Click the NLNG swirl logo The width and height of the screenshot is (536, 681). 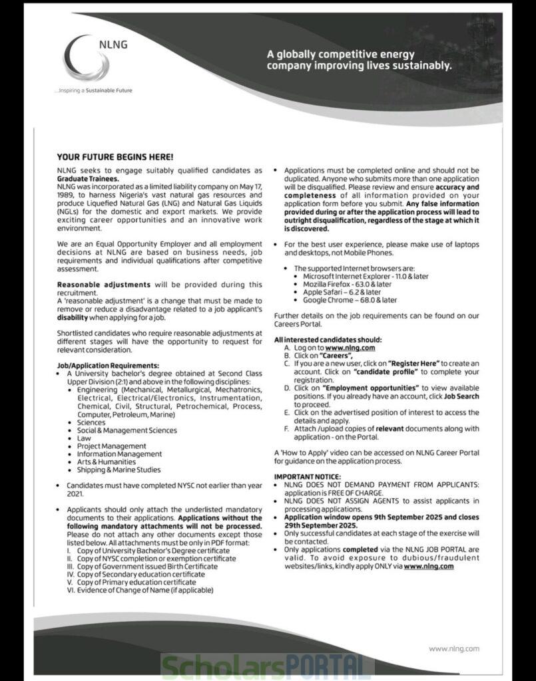pyautogui.click(x=87, y=59)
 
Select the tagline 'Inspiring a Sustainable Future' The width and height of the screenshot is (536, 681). pyautogui.click(x=93, y=90)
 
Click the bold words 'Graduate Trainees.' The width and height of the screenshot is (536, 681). pyautogui.click(x=89, y=179)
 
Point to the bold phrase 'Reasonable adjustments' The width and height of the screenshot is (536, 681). pyautogui.click(x=104, y=284)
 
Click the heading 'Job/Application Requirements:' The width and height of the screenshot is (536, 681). pyautogui.click(x=108, y=366)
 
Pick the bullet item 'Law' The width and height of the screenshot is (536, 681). pyautogui.click(x=84, y=438)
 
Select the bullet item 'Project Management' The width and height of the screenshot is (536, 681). pyautogui.click(x=111, y=446)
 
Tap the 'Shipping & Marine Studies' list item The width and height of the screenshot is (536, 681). pyautogui.click(x=119, y=470)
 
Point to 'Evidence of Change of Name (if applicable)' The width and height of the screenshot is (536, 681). pyautogui.click(x=145, y=590)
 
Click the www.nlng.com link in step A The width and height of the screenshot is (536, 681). pyautogui.click(x=350, y=348)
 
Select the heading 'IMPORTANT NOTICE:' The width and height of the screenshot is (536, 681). pyautogui.click(x=308, y=477)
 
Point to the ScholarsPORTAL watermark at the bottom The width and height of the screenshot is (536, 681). pyautogui.click(x=267, y=666)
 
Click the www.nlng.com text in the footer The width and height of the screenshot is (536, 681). pyautogui.click(x=453, y=648)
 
